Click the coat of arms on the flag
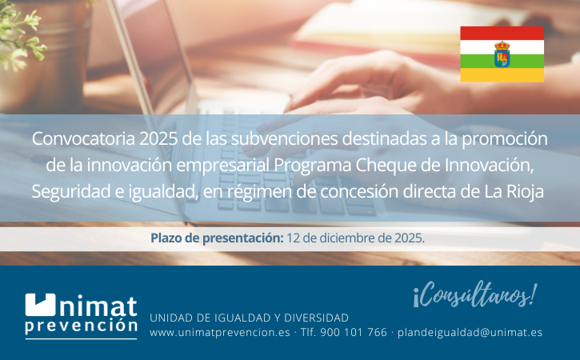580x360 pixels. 502,54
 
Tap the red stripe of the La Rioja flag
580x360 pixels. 502,33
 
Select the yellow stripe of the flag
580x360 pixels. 502,74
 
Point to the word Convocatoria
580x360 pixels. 83,139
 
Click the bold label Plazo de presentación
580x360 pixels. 217,238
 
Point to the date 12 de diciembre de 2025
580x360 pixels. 355,238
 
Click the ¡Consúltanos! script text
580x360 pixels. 475,295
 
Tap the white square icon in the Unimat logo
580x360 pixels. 40,305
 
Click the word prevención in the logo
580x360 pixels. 81,326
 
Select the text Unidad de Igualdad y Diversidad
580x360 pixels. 250,318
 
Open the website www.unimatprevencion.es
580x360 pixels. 220,333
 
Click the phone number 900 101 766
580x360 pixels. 354,332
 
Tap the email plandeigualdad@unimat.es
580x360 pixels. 470,333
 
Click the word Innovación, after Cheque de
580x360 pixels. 490,166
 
